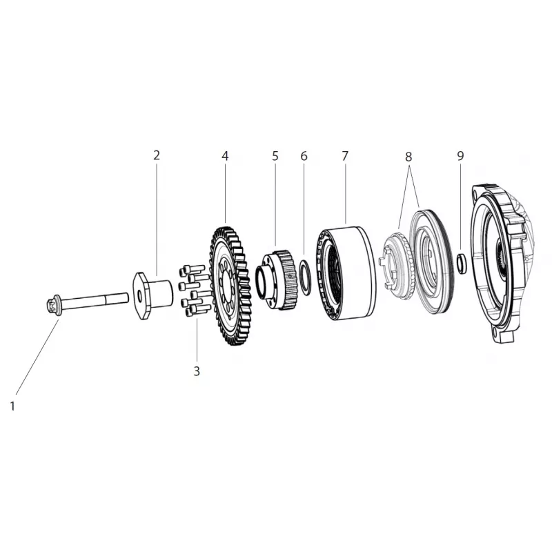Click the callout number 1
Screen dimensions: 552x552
(x=12, y=406)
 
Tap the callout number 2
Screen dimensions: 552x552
(x=157, y=155)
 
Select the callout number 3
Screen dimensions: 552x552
(x=197, y=371)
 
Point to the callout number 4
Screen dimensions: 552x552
(x=226, y=155)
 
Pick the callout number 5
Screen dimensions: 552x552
(x=275, y=155)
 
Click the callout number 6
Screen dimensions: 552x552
(x=304, y=155)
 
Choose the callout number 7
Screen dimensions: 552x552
(x=345, y=155)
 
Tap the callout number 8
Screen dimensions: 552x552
(x=408, y=157)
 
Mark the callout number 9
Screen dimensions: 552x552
(x=460, y=155)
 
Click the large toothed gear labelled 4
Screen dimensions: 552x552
(x=230, y=286)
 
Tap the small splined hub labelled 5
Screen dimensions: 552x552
(x=277, y=279)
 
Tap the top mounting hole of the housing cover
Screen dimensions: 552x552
(x=478, y=193)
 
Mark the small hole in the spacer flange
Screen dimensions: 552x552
(x=140, y=297)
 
